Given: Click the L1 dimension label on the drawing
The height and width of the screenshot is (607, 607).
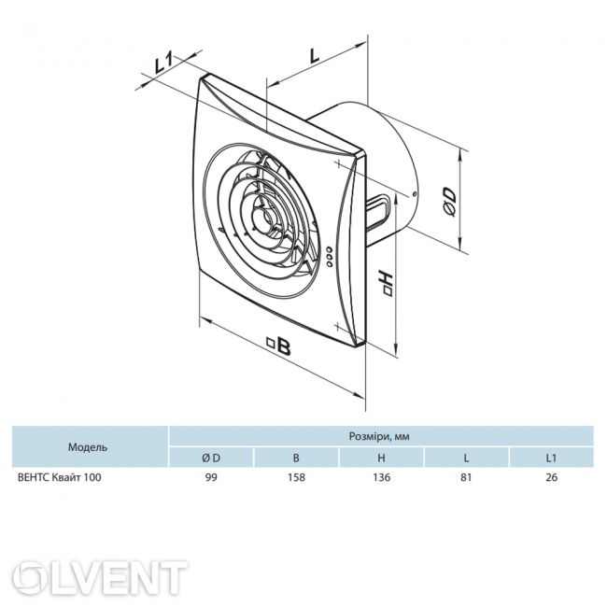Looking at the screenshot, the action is point(163,64).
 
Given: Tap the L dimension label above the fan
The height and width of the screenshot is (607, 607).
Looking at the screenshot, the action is point(314,56).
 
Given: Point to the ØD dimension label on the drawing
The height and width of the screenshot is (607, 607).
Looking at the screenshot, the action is point(449,202).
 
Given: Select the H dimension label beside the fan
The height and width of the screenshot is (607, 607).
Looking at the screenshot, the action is point(386,283).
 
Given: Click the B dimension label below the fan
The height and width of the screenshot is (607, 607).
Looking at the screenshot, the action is point(279,346).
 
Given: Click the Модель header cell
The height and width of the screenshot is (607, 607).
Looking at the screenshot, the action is point(88,447).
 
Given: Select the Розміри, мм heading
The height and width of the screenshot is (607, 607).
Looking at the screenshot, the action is point(379,436).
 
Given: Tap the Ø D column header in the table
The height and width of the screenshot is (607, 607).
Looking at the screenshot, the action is point(211,458).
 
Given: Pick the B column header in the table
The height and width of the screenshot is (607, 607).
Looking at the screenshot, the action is point(296,458).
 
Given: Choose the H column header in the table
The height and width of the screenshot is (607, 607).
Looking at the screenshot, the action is point(381,458).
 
